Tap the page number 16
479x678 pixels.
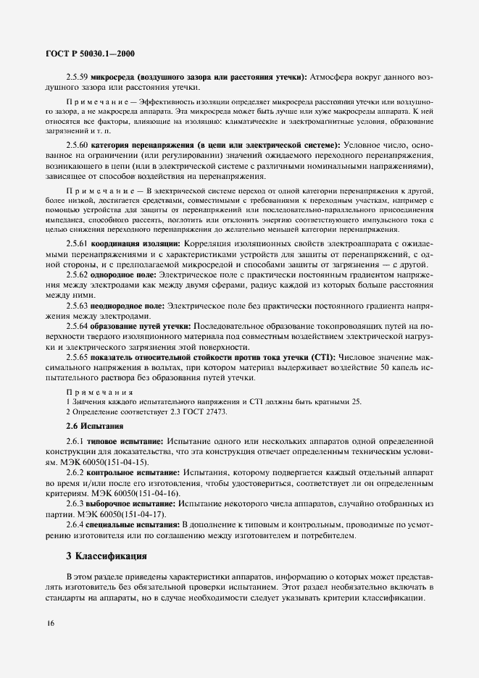[x=49, y=622]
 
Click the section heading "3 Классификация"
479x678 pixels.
[x=107, y=558]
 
